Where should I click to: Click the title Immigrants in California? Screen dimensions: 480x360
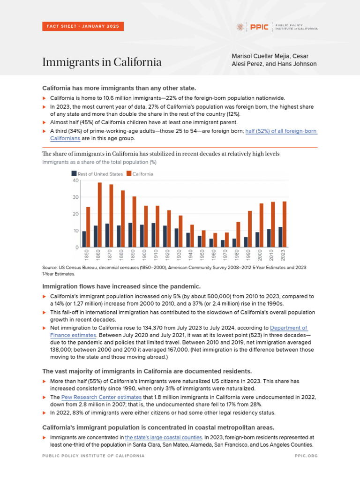[102, 62]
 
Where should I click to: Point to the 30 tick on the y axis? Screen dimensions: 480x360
[76, 197]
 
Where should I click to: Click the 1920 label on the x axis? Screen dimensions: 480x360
[166, 255]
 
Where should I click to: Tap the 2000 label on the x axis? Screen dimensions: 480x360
[259, 255]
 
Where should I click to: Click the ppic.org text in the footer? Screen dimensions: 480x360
[306, 455]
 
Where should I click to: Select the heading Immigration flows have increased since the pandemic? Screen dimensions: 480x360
[121, 286]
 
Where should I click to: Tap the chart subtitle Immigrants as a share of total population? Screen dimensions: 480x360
[99, 162]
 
